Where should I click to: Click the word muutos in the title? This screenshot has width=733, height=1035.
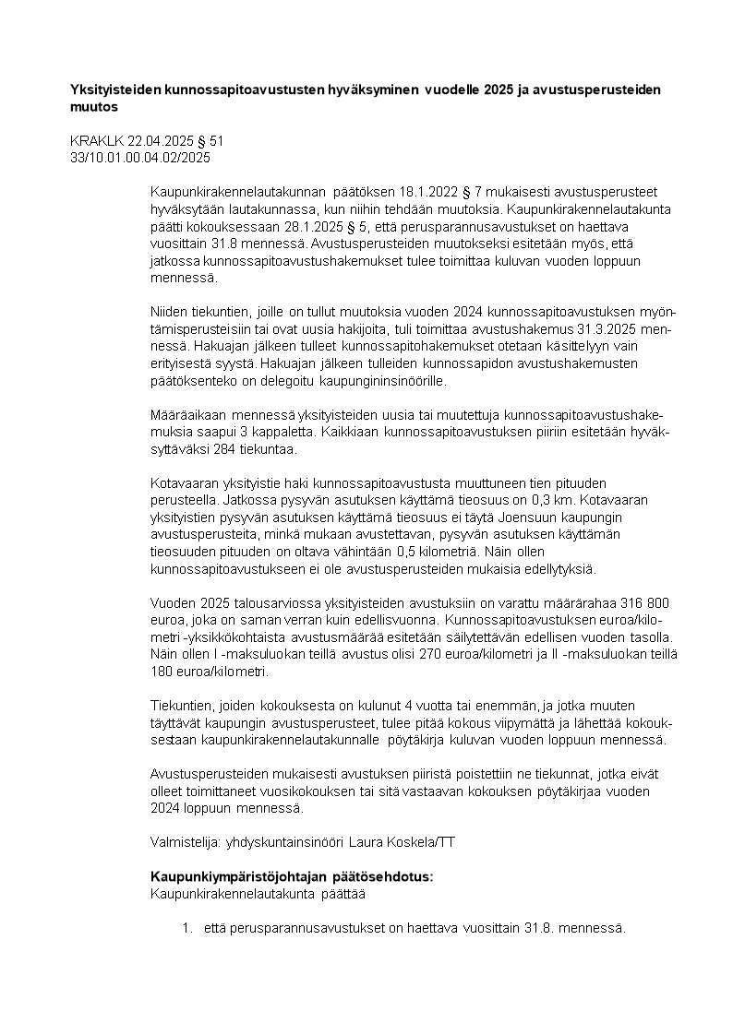tap(94, 107)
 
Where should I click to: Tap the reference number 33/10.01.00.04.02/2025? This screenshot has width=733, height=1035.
tap(140, 158)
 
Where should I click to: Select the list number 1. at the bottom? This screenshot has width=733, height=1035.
tap(187, 928)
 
